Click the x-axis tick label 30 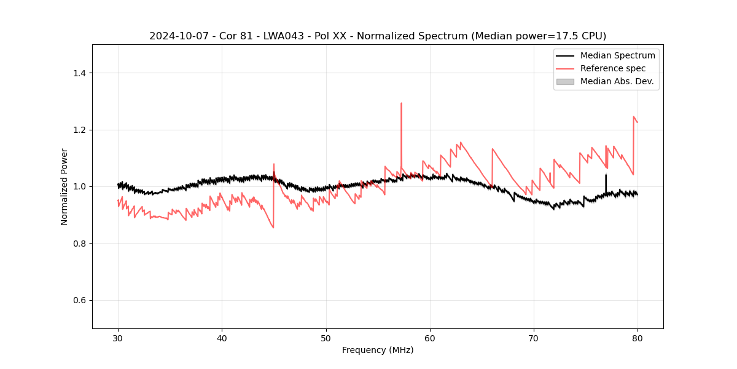tap(118, 338)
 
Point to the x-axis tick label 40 tap(222, 338)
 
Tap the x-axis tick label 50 tap(326, 338)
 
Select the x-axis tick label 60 tap(430, 338)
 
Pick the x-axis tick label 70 tap(534, 338)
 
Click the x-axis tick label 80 tap(638, 338)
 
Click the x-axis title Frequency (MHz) tap(378, 350)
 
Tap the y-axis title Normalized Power tap(64, 186)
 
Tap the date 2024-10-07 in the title tap(176, 36)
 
